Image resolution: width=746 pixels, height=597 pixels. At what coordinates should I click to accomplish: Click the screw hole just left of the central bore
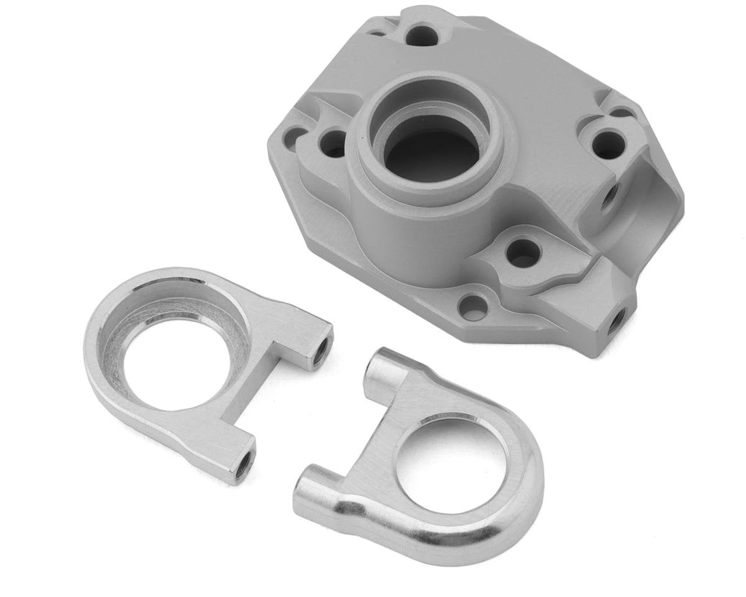[x=333, y=142]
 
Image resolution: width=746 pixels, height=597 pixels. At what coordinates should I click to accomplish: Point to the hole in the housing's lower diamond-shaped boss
[x=523, y=252]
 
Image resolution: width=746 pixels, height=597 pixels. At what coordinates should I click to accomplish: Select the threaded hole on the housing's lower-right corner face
[x=616, y=320]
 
